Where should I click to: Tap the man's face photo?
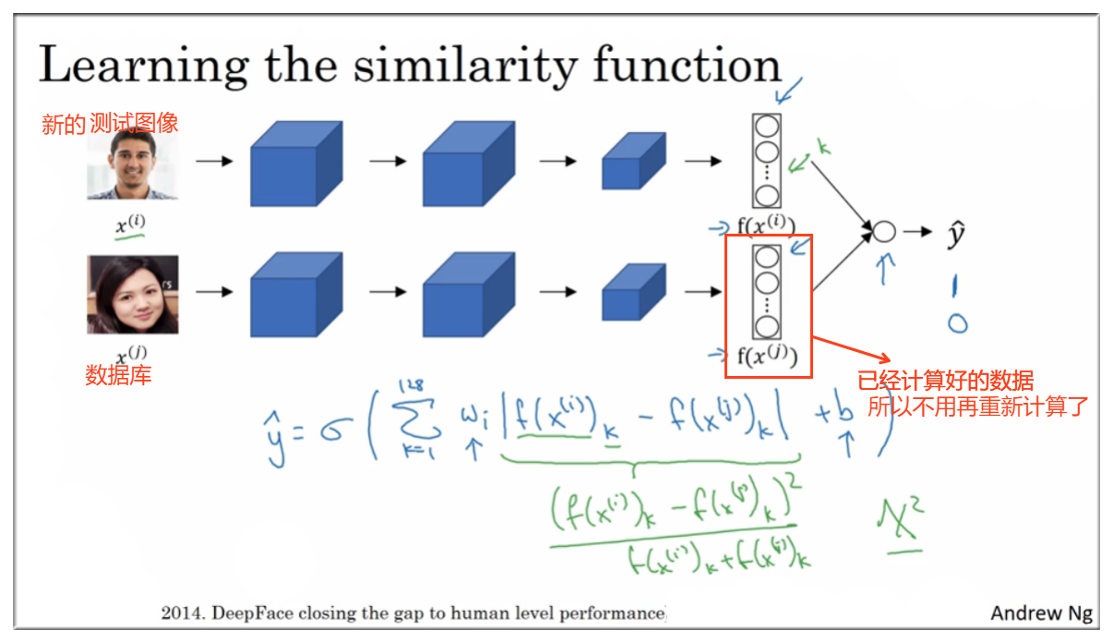click(132, 164)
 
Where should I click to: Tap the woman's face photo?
click(132, 295)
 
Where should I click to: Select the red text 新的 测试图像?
click(110, 124)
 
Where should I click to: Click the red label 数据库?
click(118, 375)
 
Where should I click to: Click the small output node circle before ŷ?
click(884, 232)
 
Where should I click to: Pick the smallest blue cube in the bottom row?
click(632, 293)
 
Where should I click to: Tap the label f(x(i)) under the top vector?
click(766, 224)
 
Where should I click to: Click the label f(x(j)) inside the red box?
click(766, 357)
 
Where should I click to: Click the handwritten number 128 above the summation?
click(412, 385)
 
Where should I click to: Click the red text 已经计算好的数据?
click(945, 382)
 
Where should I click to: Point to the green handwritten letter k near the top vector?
click(824, 146)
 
